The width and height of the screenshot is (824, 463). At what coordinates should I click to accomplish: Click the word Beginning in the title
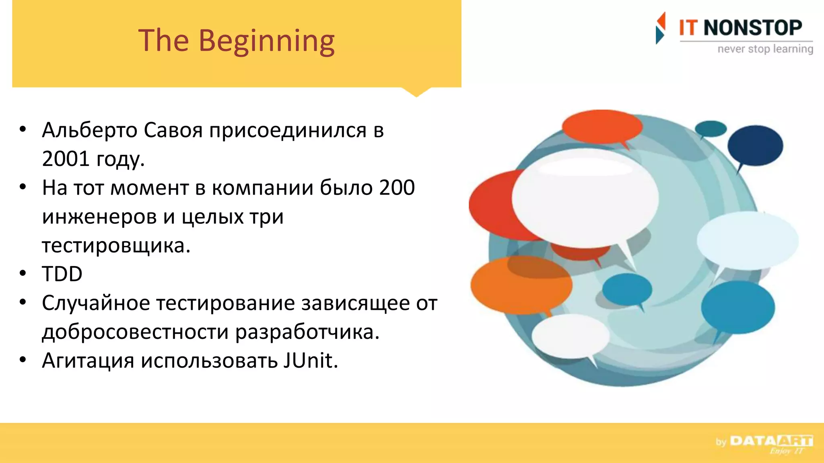click(x=266, y=41)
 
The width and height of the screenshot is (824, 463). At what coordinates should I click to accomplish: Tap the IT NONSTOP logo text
click(x=740, y=28)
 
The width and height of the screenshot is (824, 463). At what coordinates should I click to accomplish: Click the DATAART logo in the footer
click(x=771, y=441)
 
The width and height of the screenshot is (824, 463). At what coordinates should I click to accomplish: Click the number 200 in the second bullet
click(x=397, y=188)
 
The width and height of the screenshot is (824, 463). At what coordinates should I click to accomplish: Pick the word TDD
click(x=62, y=274)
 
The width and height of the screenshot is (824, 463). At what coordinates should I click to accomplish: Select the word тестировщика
click(x=115, y=246)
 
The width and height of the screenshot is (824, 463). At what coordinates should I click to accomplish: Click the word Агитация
click(x=88, y=361)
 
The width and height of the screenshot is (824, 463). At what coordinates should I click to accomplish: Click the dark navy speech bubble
click(x=755, y=145)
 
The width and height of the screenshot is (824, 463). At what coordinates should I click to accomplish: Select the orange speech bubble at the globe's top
click(x=602, y=127)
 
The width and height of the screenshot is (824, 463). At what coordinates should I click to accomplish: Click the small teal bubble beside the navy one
click(x=711, y=129)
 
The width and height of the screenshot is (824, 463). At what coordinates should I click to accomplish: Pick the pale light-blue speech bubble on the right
click(x=748, y=240)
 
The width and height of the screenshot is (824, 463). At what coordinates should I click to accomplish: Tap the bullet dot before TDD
click(x=23, y=273)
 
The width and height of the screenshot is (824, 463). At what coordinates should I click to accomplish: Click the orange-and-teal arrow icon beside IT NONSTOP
click(x=660, y=28)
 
